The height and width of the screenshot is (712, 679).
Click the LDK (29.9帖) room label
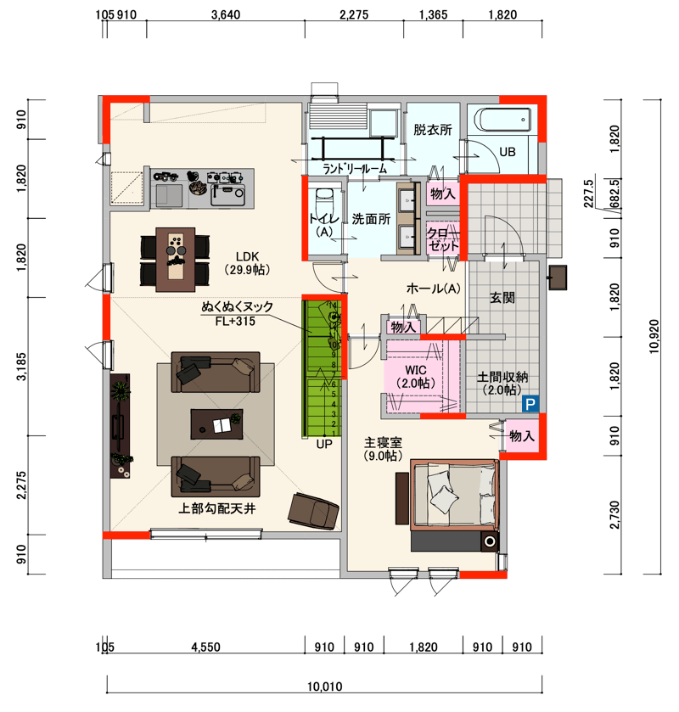pyautogui.click(x=248, y=263)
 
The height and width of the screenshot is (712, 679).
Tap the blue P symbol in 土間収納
pyautogui.click(x=530, y=404)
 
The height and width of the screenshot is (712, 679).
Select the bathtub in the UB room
pyautogui.click(x=502, y=120)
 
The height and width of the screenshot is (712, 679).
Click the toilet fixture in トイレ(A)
pyautogui.click(x=324, y=200)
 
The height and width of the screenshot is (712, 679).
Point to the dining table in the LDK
pyautogui.click(x=176, y=260)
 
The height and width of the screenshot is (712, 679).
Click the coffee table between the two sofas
pyautogui.click(x=216, y=424)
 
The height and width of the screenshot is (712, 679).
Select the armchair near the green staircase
pyautogui.click(x=313, y=510)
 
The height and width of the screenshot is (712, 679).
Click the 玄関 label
pyautogui.click(x=502, y=297)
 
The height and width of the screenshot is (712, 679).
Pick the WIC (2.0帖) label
pyautogui.click(x=416, y=377)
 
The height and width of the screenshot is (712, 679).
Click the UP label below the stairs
pyautogui.click(x=324, y=444)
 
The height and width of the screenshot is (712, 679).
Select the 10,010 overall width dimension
pyautogui.click(x=325, y=687)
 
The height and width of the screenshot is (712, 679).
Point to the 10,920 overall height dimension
pyautogui.click(x=654, y=336)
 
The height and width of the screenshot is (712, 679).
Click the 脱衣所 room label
pyautogui.click(x=433, y=130)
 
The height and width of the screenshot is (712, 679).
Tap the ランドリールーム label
pyautogui.click(x=355, y=169)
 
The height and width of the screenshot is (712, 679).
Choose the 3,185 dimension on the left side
pyautogui.click(x=21, y=367)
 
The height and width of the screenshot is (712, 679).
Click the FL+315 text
pyautogui.click(x=235, y=321)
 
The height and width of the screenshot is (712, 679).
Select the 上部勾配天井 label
pyautogui.click(x=217, y=508)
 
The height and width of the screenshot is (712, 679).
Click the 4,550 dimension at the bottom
pyautogui.click(x=205, y=647)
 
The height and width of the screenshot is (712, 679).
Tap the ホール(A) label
pyautogui.click(x=434, y=288)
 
